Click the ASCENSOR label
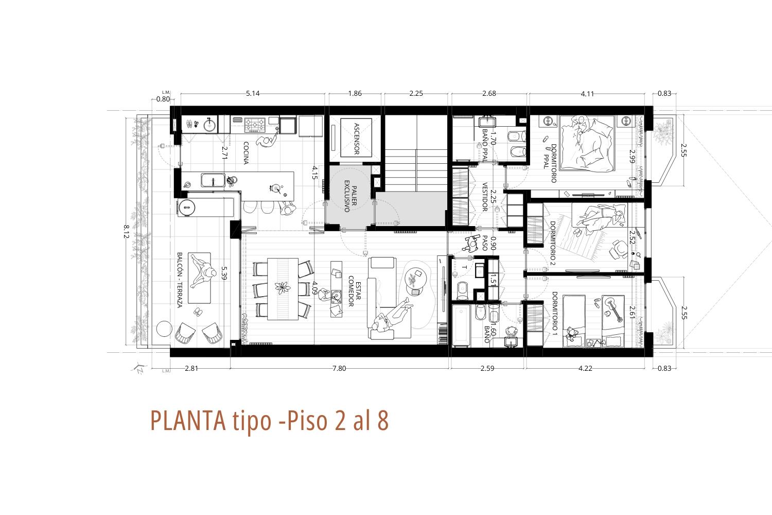coord(357,139)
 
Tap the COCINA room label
coord(246,153)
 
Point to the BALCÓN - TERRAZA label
coord(180,280)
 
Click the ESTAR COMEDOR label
coord(355,291)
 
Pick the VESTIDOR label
coord(485,197)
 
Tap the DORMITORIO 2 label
coord(552,244)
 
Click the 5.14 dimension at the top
coord(253,93)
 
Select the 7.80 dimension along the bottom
coord(339,368)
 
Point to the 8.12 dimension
coord(126,231)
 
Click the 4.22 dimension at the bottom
coord(585,368)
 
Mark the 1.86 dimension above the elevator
coord(355,93)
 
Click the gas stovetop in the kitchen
coord(255,125)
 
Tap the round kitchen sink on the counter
coord(209,125)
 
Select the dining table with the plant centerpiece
coord(283,289)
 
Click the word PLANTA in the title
coord(188,420)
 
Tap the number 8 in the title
coord(382,420)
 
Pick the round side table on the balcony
coord(164,329)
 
